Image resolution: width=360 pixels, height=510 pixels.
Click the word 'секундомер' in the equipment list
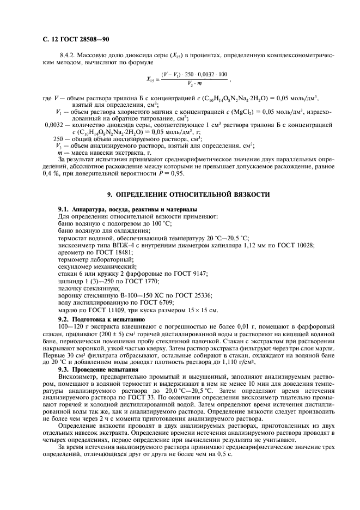pyautogui.click(x=76, y=267)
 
